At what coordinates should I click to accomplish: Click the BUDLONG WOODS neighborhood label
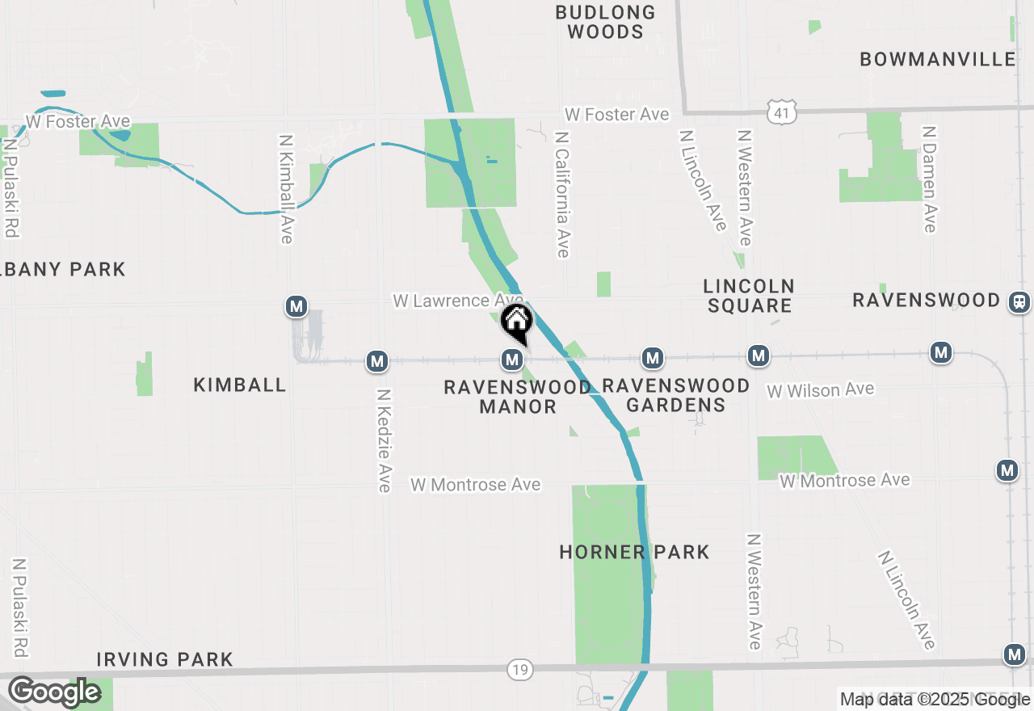pyautogui.click(x=605, y=23)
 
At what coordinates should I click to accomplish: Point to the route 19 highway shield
pyautogui.click(x=519, y=669)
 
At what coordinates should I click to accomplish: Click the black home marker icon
pyautogui.click(x=516, y=322)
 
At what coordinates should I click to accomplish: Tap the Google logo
pyautogui.click(x=54, y=692)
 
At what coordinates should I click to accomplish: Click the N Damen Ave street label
pyautogui.click(x=930, y=179)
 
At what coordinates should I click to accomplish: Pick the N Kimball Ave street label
pyautogui.click(x=286, y=188)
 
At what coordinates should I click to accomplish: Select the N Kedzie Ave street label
pyautogui.click(x=385, y=440)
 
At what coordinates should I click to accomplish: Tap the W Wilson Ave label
pyautogui.click(x=820, y=390)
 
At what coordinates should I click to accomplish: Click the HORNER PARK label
pyautogui.click(x=634, y=552)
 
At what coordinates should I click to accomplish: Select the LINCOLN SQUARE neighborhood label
pyautogui.click(x=749, y=296)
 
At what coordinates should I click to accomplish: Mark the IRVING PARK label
pyautogui.click(x=165, y=659)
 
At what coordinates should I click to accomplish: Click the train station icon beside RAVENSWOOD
pyautogui.click(x=1019, y=301)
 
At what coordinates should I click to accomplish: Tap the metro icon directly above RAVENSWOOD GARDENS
pyautogui.click(x=653, y=357)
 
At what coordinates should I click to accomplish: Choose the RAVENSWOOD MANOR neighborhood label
pyautogui.click(x=517, y=397)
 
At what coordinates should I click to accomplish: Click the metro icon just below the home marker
pyautogui.click(x=511, y=358)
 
